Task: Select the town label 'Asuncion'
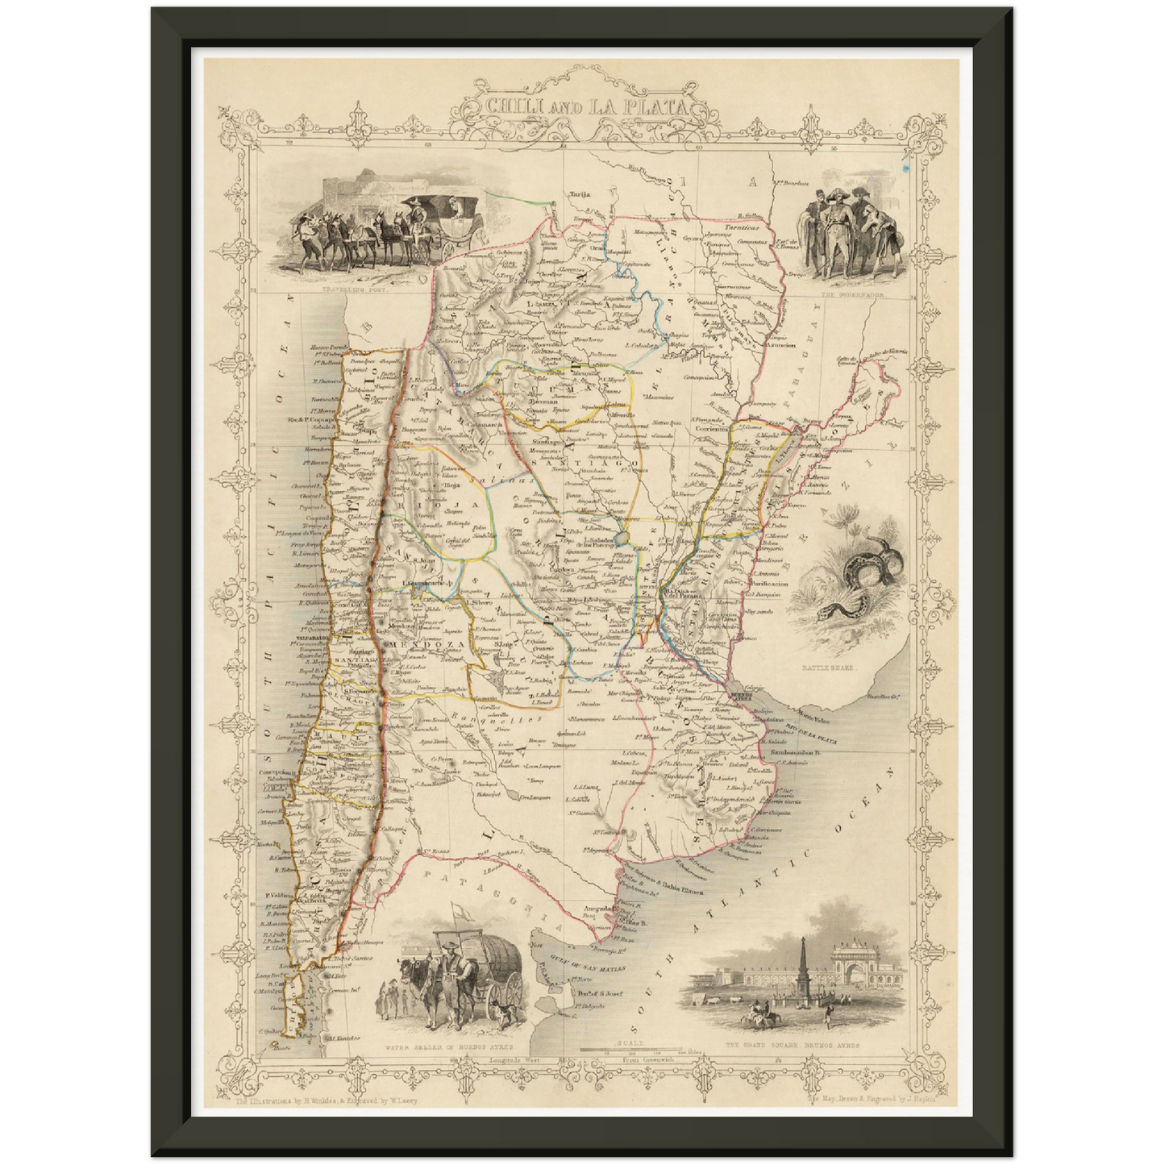[x=780, y=345]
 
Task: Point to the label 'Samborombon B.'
[x=793, y=752]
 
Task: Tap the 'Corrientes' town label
[x=712, y=429]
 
